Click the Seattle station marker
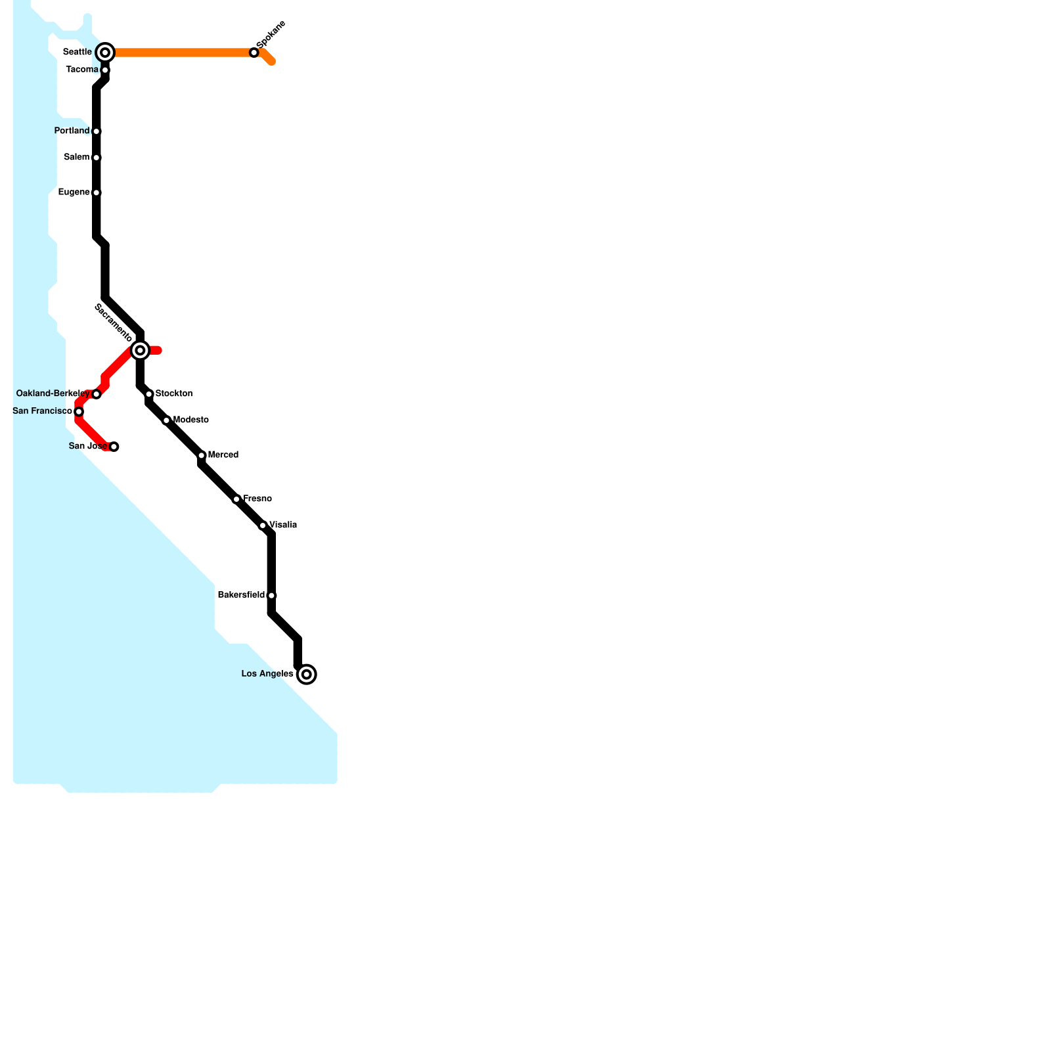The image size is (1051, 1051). [x=105, y=53]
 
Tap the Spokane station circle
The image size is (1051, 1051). [x=254, y=53]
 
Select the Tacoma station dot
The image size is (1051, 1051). [x=105, y=70]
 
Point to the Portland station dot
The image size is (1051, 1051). [x=97, y=131]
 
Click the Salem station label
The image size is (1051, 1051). [x=76, y=158]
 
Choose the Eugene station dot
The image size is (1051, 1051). [x=97, y=192]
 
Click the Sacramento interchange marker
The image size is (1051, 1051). [x=140, y=351]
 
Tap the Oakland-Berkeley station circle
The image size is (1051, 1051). [x=97, y=394]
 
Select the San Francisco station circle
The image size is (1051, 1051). [x=79, y=412]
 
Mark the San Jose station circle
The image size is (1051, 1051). [x=114, y=447]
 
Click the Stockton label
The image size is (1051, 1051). [x=174, y=394]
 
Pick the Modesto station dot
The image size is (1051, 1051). [x=166, y=420]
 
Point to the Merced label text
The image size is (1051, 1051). [x=223, y=455]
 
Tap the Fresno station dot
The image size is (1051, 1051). [x=236, y=499]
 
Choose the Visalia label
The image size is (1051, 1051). [x=284, y=525]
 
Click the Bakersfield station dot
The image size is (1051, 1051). [x=271, y=596]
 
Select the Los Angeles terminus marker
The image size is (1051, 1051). [x=307, y=675]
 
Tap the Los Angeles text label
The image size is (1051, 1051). [x=267, y=674]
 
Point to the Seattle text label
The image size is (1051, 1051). [x=77, y=52]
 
